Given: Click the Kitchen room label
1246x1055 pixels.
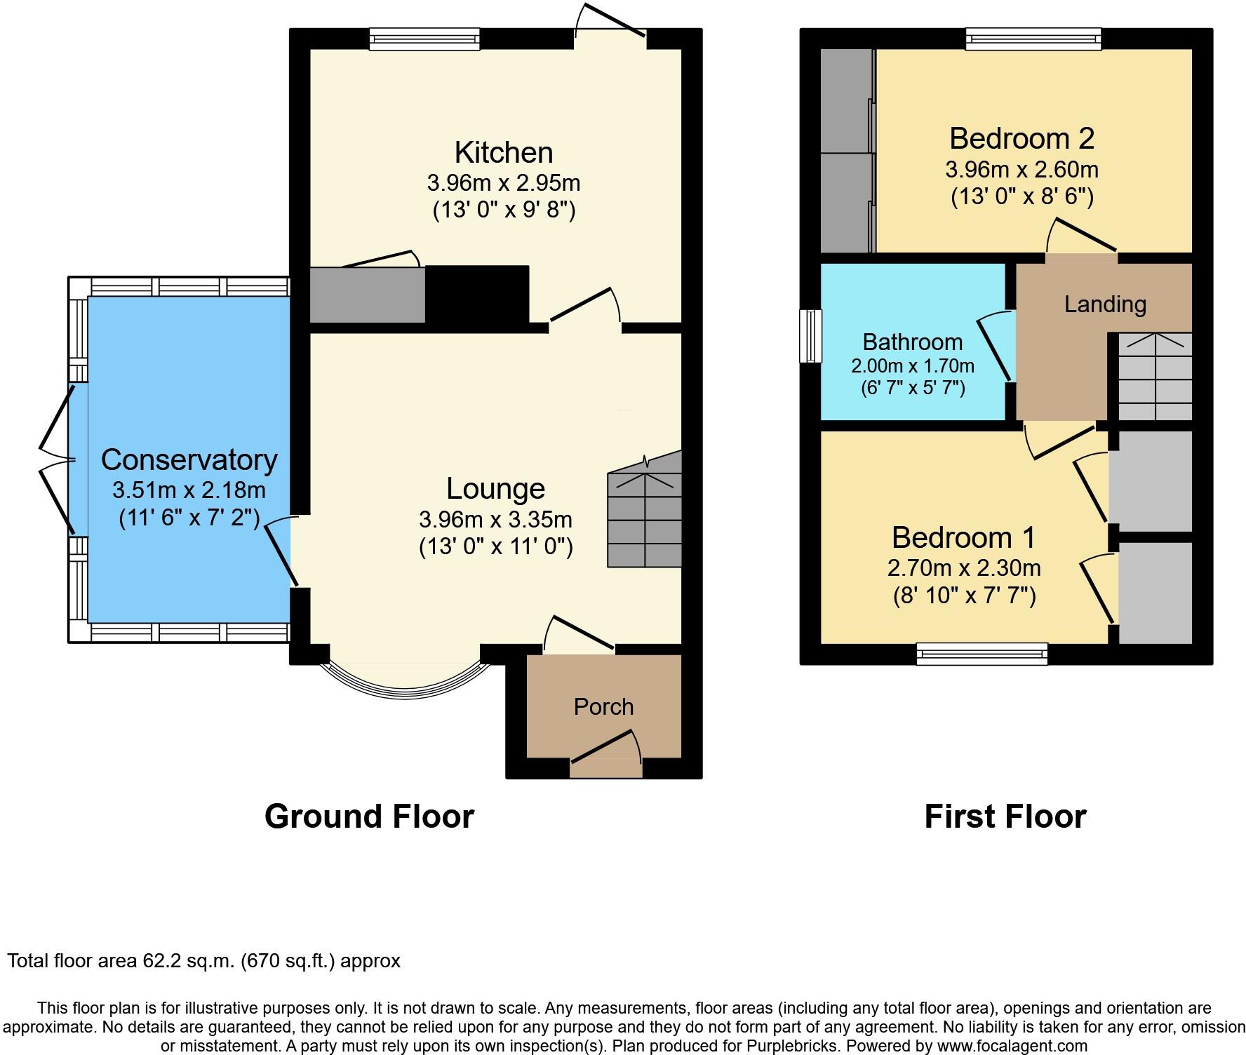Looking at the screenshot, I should coord(503,152).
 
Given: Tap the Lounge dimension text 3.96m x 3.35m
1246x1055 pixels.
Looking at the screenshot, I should coord(495,520).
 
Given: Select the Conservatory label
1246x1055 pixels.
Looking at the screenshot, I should coord(189,459).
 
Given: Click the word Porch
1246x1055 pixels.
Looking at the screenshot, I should coord(603,706).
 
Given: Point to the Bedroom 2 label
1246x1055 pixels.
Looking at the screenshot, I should coord(1021,138).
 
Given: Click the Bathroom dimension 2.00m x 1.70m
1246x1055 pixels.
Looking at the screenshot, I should coord(912,365).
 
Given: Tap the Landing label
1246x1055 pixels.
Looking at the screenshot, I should coord(1105,304).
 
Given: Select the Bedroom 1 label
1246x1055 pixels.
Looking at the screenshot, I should coord(963,537).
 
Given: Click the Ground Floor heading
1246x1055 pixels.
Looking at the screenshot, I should coord(369,817).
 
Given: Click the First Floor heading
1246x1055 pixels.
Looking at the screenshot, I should coord(1005,817).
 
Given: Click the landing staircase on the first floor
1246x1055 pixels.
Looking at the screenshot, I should coord(1154,377).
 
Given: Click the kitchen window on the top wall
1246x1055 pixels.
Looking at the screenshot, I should coord(424,39).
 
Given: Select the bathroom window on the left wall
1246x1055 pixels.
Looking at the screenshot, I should coord(810,336).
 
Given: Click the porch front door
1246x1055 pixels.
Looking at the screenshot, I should coord(605,767).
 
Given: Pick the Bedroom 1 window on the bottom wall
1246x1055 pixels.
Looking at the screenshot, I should coord(982,654).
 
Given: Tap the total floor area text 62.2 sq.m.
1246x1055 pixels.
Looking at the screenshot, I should coord(203,960).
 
